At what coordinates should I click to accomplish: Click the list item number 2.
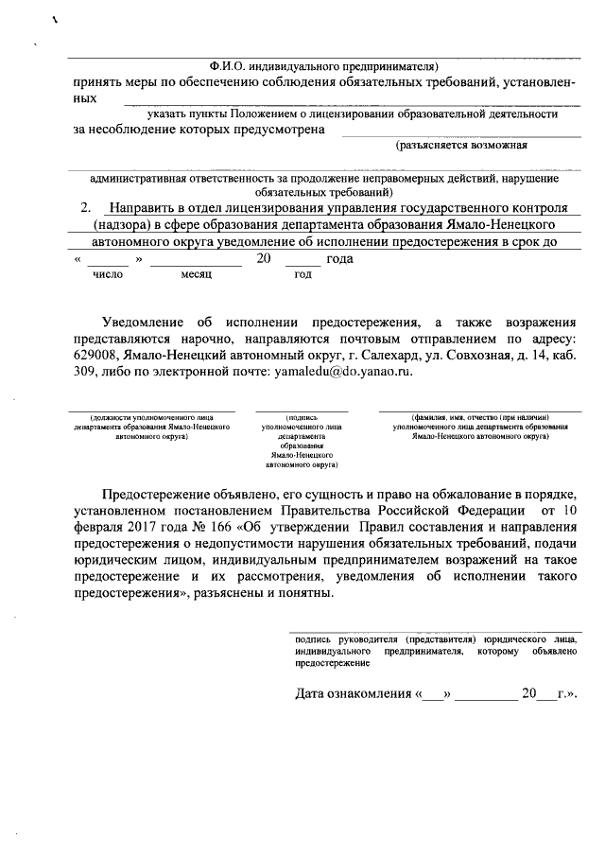coord(87,207)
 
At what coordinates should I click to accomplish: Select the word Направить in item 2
coord(146,207)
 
